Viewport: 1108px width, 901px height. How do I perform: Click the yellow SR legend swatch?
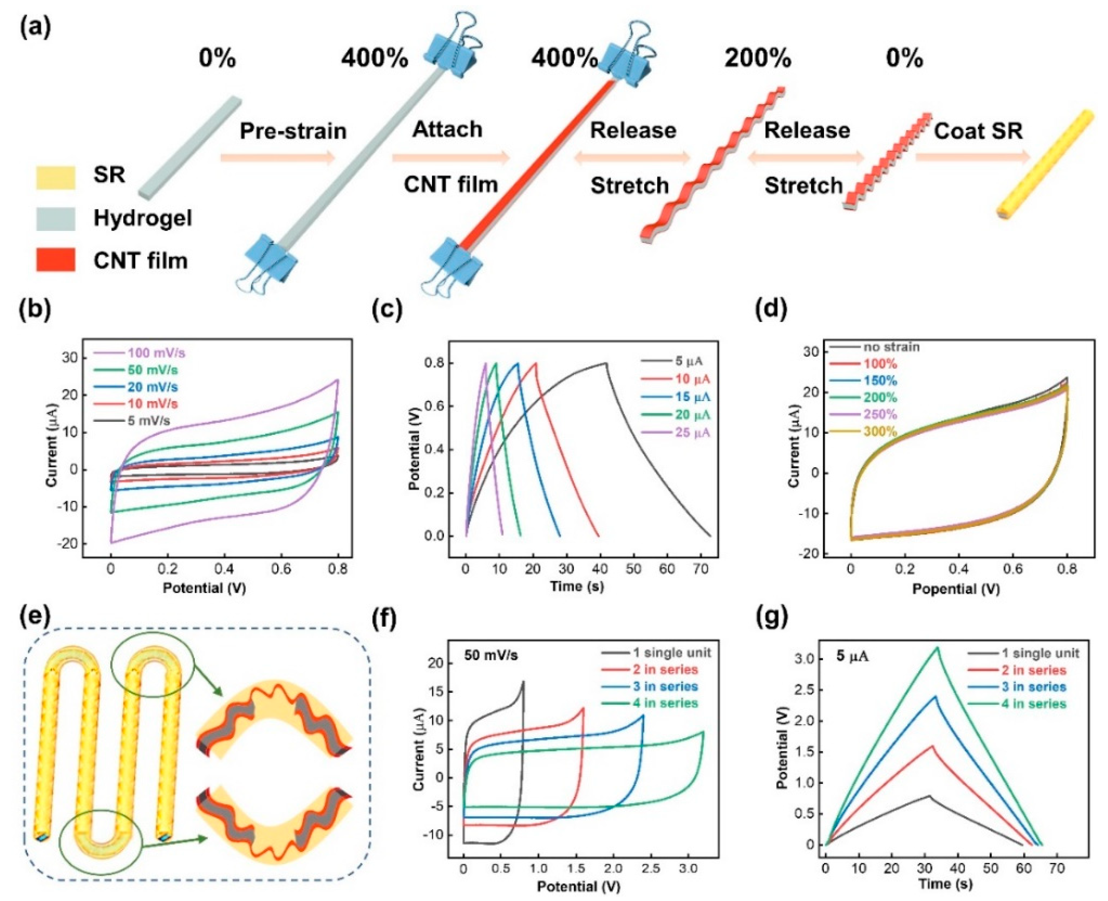(x=56, y=177)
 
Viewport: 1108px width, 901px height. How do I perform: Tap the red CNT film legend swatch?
(x=56, y=259)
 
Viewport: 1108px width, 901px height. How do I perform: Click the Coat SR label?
(x=978, y=131)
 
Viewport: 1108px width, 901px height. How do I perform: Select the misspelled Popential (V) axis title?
(x=956, y=588)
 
